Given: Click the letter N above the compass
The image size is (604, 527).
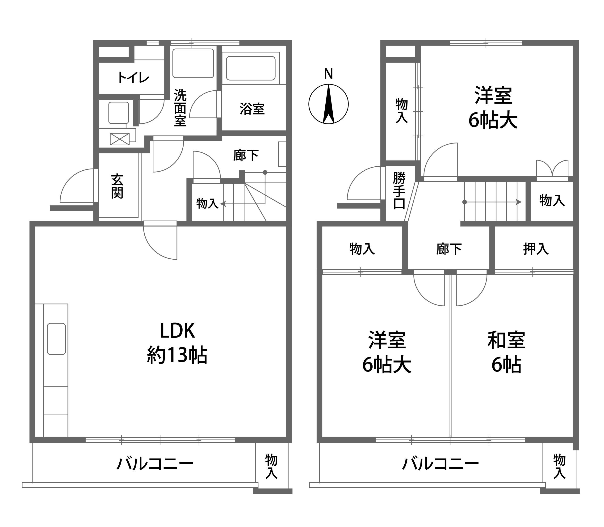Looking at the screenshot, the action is (x=328, y=74).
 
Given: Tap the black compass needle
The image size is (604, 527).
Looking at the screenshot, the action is (x=328, y=104).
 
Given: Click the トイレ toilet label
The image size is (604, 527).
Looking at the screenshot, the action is (x=133, y=78).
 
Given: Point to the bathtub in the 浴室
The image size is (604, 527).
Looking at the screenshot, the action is (x=251, y=68).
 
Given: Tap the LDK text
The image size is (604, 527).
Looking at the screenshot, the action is (x=177, y=331).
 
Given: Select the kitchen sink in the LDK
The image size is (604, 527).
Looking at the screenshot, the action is (x=56, y=339).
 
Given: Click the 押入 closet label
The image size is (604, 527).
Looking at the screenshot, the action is (x=536, y=249).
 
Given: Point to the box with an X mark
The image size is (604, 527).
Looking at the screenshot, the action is (x=120, y=139).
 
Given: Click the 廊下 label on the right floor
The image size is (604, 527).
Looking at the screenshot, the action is (x=449, y=249).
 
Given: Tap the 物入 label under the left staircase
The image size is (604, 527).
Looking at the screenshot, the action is (x=207, y=203).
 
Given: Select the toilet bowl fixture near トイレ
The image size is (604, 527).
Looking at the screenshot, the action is (x=118, y=113).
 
